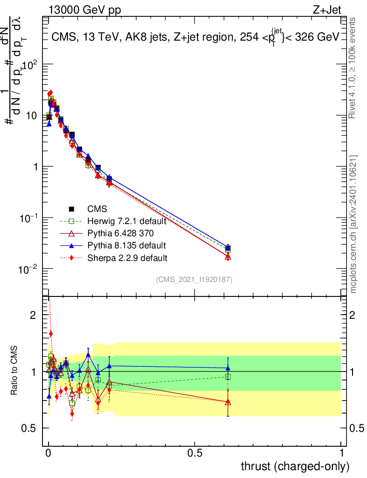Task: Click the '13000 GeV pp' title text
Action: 85,10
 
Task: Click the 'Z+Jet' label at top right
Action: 327,10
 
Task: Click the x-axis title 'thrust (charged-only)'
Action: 295,466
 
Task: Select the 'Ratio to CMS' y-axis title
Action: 14,371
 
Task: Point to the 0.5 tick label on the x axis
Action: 195,453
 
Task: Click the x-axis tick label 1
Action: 341,453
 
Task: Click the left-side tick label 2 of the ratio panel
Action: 33,315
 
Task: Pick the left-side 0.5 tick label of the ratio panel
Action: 28,428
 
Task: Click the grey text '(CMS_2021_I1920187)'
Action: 194,279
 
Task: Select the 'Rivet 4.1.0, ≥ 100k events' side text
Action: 352,68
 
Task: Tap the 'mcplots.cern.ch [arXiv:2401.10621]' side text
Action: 353,225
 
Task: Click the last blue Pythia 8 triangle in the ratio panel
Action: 228,368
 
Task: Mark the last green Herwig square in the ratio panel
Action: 228,377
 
